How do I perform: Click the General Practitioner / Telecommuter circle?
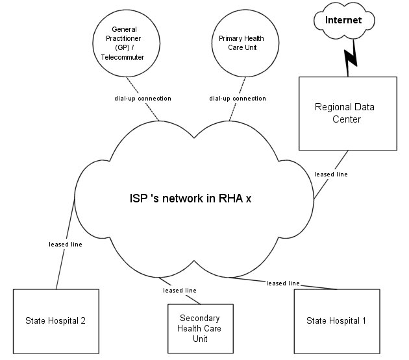tap(127, 43)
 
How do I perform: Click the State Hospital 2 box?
tap(56, 321)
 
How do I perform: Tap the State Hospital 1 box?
tap(336, 321)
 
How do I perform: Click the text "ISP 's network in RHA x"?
tap(190, 198)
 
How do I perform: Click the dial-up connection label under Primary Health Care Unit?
tap(238, 99)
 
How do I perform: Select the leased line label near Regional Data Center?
tap(331, 174)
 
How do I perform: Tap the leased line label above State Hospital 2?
tap(66, 245)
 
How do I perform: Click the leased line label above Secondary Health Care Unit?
tap(180, 290)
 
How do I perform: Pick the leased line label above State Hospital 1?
tap(282, 283)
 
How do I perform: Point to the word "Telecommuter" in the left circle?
tap(127, 57)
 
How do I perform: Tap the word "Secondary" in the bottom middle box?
tap(199, 318)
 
